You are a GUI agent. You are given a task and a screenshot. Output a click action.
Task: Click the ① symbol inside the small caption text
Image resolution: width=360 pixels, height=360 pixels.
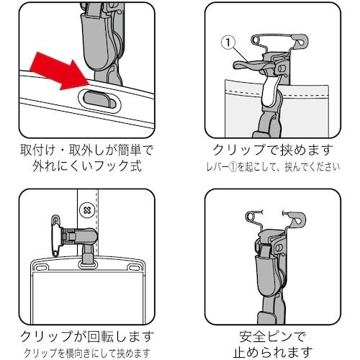(x=252, y=168)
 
